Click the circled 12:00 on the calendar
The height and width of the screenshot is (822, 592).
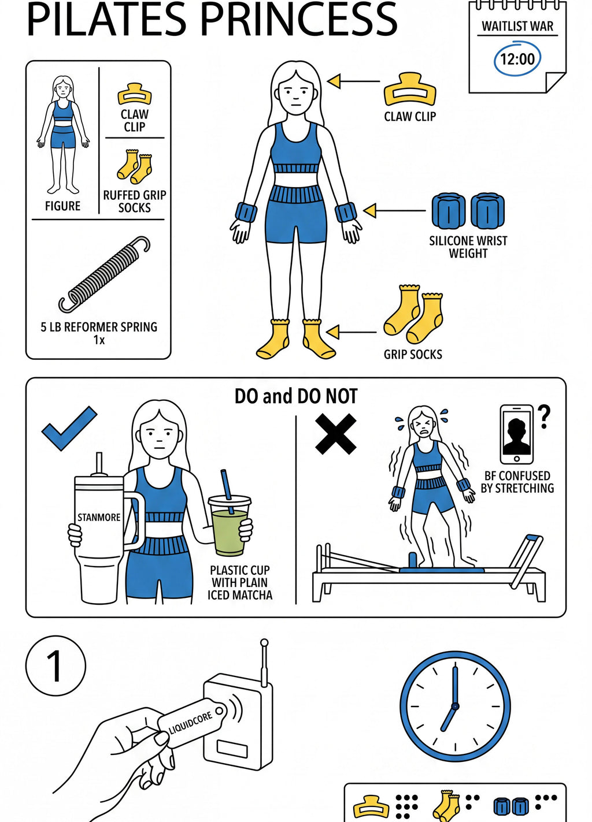(x=517, y=59)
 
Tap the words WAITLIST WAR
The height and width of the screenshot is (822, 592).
(x=517, y=27)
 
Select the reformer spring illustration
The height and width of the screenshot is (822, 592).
(x=104, y=274)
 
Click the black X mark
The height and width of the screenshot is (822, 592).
(x=336, y=434)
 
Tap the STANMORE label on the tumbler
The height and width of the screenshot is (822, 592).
(x=99, y=518)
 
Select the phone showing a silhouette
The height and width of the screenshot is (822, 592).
(x=516, y=434)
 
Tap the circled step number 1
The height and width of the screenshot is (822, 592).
(x=56, y=665)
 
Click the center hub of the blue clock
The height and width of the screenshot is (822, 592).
(x=455, y=706)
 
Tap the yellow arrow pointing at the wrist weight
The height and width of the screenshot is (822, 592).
(x=394, y=211)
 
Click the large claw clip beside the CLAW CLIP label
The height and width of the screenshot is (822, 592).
(x=410, y=89)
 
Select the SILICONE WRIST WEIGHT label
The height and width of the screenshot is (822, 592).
(x=468, y=247)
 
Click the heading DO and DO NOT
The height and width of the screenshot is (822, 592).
(x=296, y=396)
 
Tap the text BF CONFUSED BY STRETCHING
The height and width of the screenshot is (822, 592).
(x=517, y=482)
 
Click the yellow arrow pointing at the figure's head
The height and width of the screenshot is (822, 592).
(x=353, y=81)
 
